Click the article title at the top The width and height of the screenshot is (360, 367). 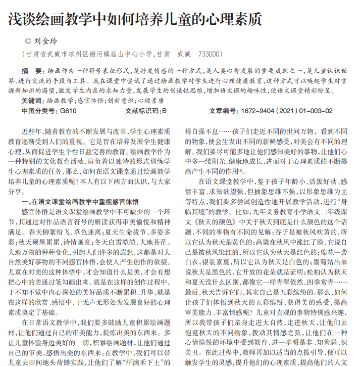[x=135, y=19]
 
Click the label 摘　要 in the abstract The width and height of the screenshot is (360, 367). [x=32, y=70]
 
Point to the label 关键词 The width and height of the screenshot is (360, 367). [x=32, y=101]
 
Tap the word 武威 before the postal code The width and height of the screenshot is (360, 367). [x=183, y=54]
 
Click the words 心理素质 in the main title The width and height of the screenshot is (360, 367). [x=239, y=19]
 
